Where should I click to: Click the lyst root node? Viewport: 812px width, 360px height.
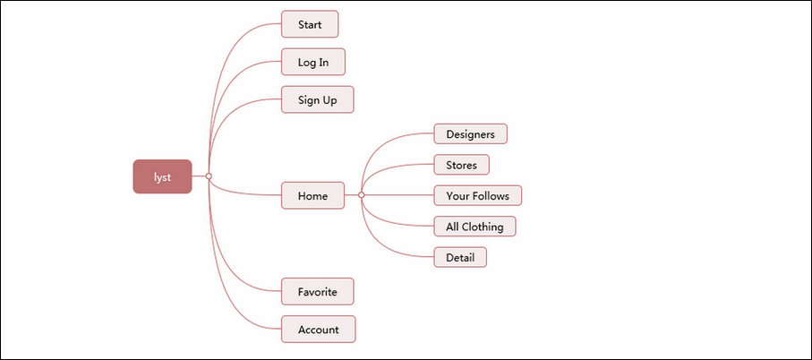[163, 176]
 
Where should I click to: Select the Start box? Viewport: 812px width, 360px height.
[310, 24]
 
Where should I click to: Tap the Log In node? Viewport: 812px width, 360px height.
[313, 62]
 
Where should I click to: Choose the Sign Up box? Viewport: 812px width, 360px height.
[318, 99]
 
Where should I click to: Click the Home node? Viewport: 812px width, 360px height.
[312, 196]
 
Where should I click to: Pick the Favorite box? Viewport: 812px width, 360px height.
[318, 292]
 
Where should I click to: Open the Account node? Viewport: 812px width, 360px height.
[319, 330]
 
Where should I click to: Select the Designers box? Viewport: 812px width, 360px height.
[471, 134]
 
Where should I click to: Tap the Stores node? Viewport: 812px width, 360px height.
[461, 166]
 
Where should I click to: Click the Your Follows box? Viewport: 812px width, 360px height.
[477, 196]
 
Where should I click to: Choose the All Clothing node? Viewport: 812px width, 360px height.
[474, 227]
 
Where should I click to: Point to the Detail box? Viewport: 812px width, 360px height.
[460, 257]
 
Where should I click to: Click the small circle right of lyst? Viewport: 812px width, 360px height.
[209, 176]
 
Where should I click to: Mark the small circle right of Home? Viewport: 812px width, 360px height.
[362, 195]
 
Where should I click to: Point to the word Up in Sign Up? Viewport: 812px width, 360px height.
[329, 100]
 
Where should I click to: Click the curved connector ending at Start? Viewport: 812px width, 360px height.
[228, 57]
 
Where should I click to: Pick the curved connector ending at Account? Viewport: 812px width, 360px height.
[228, 296]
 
